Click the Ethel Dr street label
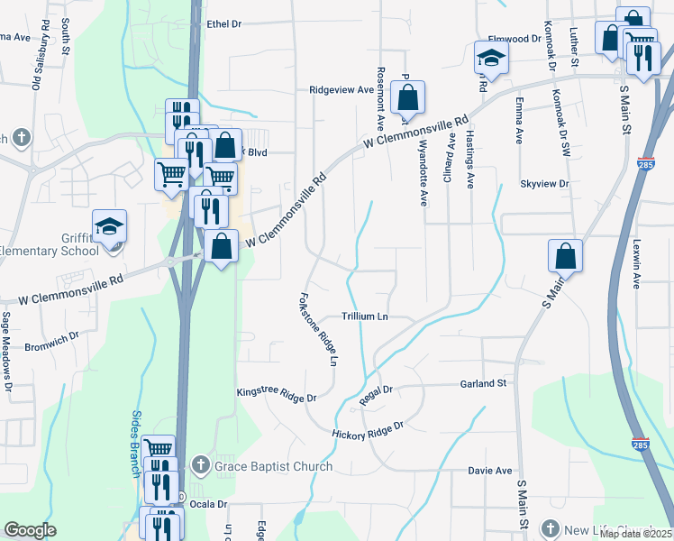click(x=224, y=25)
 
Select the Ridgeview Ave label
click(x=341, y=90)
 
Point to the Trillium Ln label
click(x=365, y=316)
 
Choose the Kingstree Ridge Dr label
click(x=277, y=395)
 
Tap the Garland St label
click(x=485, y=383)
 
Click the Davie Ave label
click(x=489, y=471)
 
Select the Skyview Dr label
click(x=545, y=183)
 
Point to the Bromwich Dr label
click(x=52, y=346)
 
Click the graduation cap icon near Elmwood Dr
click(x=491, y=58)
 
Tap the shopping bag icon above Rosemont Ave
click(x=408, y=97)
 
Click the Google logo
click(x=30, y=530)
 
